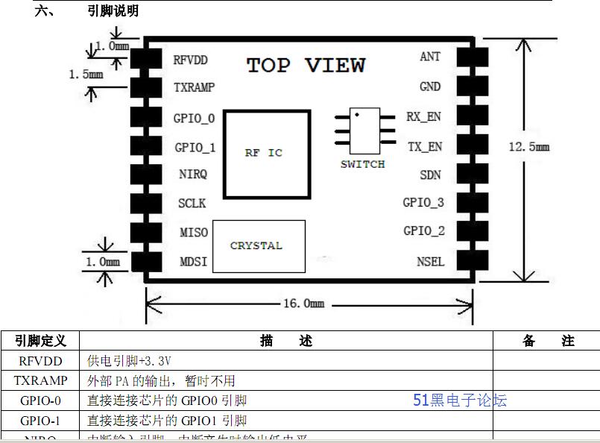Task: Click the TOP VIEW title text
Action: pos(306,66)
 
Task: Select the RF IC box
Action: pos(265,154)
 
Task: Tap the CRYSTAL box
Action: pos(258,246)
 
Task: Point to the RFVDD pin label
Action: pos(190,60)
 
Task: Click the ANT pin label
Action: pos(430,57)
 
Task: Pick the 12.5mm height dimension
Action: pos(528,147)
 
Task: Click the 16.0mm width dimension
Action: pos(304,304)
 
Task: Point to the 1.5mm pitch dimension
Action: pos(85,75)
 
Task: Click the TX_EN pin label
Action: pos(424,147)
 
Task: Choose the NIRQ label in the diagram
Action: pos(193,175)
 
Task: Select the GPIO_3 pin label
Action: pos(423,202)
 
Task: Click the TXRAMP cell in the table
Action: pos(41,380)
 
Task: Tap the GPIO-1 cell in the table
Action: pos(41,420)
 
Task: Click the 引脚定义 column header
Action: pos(41,341)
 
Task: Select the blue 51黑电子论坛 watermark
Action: pos(460,400)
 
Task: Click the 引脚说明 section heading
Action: pos(113,11)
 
